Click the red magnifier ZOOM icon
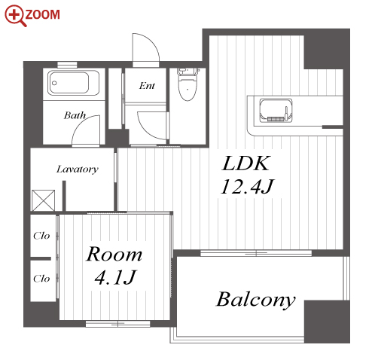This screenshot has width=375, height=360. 15,15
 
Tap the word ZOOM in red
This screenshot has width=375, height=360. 43,14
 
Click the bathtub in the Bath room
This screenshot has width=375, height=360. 73,83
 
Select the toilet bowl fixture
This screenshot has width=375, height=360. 187,84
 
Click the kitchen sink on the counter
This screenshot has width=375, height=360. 276,111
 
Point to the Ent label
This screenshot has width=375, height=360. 147,86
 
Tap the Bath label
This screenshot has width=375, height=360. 75,115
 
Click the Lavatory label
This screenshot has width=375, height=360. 78,169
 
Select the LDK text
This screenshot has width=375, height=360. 246,163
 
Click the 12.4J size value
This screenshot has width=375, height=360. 247,187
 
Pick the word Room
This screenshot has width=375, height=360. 114,254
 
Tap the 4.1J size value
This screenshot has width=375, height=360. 115,277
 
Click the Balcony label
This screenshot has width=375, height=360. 256,300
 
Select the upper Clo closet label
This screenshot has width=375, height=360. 41,236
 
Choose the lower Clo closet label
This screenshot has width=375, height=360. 41,279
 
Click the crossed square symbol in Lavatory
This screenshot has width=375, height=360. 44,200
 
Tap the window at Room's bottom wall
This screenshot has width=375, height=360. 118,324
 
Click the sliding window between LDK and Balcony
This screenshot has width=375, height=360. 256,253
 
